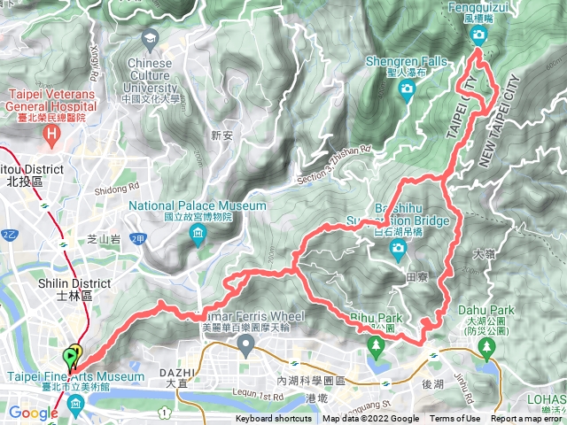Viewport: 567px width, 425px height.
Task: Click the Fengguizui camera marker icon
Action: tap(479, 35)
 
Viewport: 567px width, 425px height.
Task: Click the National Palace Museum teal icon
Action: tap(197, 235)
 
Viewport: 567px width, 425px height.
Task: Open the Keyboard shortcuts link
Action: tap(275, 419)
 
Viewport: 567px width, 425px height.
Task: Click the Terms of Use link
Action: tap(455, 419)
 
